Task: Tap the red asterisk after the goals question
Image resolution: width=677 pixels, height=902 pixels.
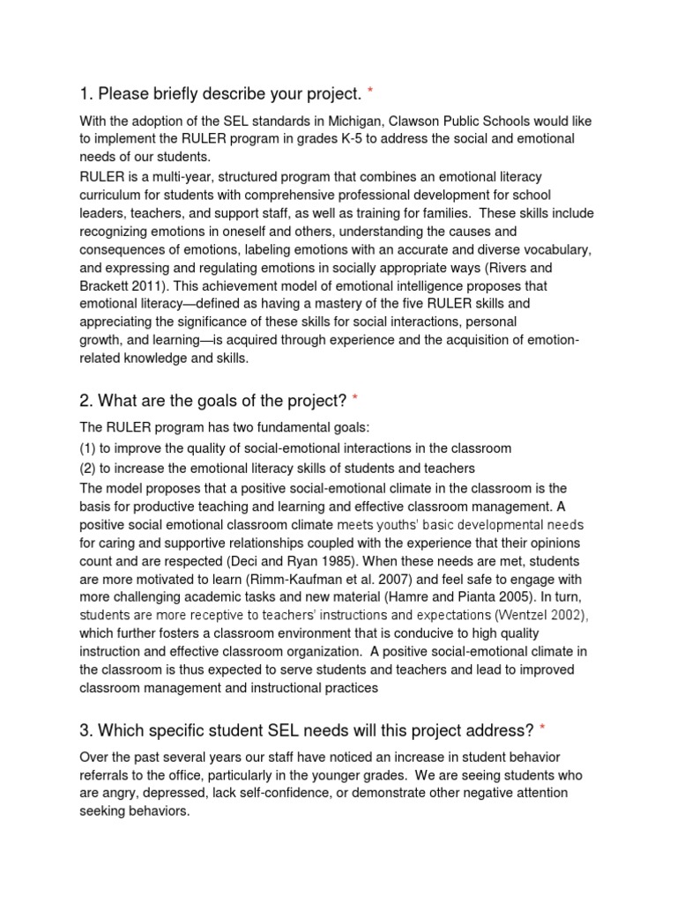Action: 355,401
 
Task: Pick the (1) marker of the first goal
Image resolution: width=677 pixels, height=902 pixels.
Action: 89,448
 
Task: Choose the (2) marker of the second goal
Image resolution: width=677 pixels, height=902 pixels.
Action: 89,468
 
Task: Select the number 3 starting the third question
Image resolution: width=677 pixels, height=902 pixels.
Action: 85,730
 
